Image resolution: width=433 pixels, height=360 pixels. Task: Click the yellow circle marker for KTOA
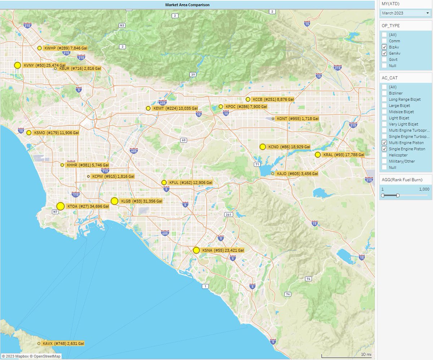click(x=61, y=206)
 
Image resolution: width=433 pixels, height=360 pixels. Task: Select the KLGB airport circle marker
click(x=114, y=201)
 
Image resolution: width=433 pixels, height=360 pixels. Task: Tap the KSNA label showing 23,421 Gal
click(x=223, y=250)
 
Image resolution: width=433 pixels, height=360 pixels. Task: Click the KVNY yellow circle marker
click(x=17, y=65)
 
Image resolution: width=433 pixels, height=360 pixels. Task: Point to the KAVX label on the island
click(x=63, y=344)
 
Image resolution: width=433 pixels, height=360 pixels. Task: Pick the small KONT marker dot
click(x=273, y=119)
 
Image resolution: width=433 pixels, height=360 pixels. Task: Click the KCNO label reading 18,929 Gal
click(x=289, y=147)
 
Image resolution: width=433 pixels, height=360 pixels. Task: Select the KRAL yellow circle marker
click(x=318, y=155)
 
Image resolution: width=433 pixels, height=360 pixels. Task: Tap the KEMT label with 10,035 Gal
click(x=175, y=108)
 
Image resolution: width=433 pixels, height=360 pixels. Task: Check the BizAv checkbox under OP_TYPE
click(x=385, y=47)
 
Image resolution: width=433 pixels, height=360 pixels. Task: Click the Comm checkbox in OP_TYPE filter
click(x=385, y=41)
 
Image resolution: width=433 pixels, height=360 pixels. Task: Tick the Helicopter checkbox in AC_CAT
click(x=385, y=155)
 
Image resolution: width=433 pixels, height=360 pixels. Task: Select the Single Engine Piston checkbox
click(x=385, y=149)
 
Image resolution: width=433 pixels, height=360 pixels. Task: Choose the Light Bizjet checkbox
click(x=385, y=118)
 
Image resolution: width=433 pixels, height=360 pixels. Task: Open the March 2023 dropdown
click(x=406, y=13)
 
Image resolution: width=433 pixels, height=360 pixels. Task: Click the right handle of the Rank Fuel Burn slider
click(x=398, y=196)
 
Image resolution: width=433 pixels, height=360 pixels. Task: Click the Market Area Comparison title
click(x=187, y=5)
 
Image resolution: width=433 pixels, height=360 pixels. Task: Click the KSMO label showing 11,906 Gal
click(x=56, y=133)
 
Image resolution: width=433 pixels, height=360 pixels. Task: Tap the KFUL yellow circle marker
click(x=164, y=183)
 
